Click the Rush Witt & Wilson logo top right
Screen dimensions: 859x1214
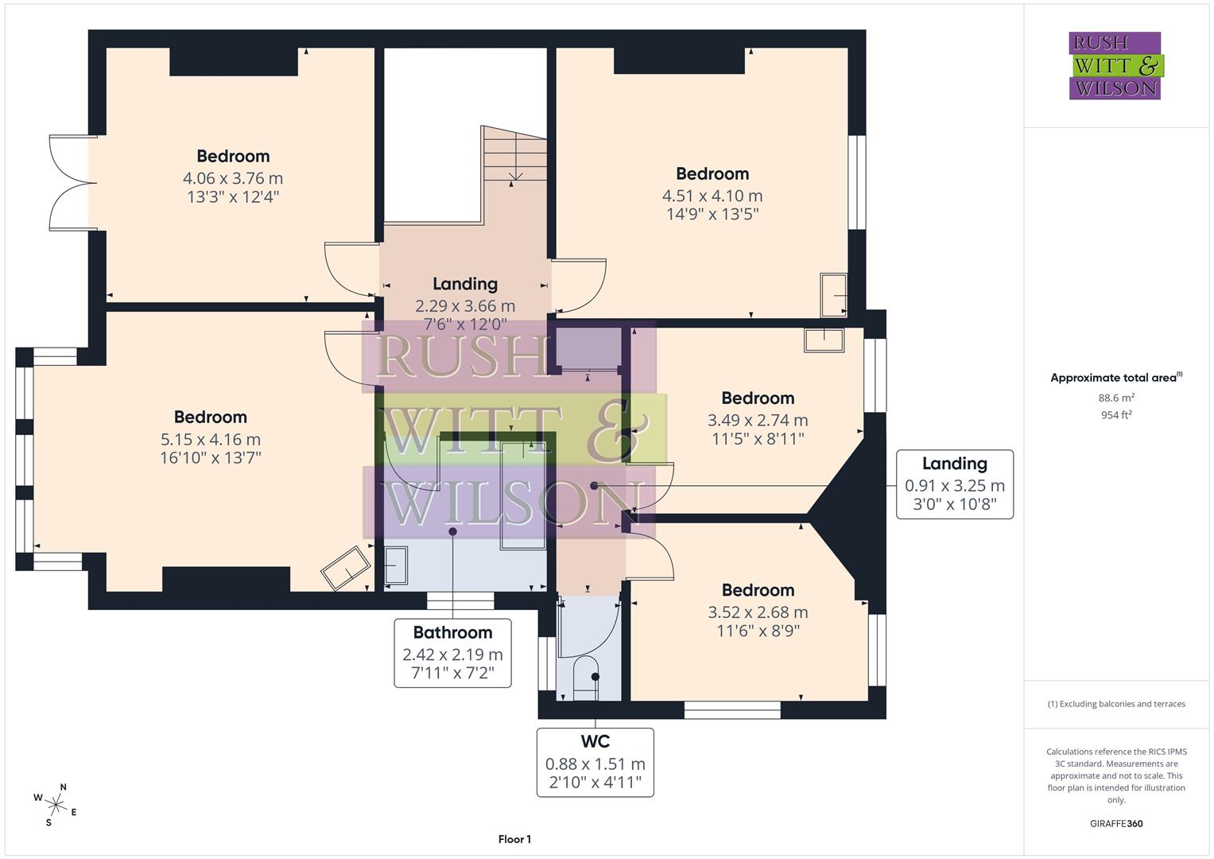tap(1115, 65)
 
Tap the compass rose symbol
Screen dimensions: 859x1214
tap(56, 803)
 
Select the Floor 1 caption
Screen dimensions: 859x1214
tap(514, 839)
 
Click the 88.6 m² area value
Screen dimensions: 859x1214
tap(1116, 398)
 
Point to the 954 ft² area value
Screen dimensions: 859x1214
tap(1116, 414)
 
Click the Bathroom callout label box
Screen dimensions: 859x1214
tap(452, 653)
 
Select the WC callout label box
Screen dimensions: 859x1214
tap(595, 762)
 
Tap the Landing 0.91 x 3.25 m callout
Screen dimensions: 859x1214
tap(954, 484)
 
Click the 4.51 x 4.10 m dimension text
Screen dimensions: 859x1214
tap(712, 196)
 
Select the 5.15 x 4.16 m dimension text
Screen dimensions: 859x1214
tap(211, 439)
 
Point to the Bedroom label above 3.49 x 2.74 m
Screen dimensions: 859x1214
tap(758, 398)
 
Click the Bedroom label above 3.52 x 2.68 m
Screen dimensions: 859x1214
tap(758, 590)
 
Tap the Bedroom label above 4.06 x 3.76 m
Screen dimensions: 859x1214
tap(233, 156)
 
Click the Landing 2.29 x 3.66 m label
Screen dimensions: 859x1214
tap(465, 284)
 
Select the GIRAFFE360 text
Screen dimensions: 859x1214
tap(1116, 823)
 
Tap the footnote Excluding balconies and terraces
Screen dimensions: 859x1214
tap(1116, 704)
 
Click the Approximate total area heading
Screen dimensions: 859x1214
tap(1115, 378)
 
